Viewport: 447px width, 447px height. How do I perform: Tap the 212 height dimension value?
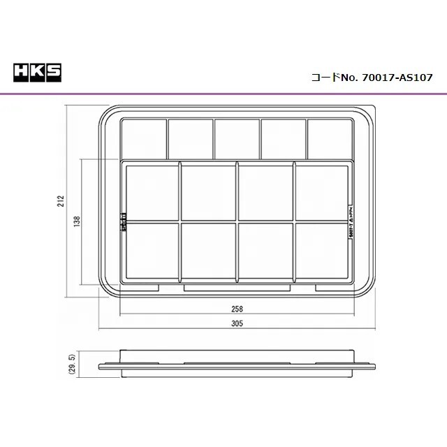point(61,203)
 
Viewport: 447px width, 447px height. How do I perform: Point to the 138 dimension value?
point(77,221)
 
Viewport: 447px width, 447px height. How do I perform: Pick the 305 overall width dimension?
point(237,323)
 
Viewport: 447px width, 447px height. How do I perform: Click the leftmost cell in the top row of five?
point(143,138)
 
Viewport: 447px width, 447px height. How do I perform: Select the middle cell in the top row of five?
point(237,138)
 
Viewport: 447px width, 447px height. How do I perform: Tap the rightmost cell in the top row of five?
point(330,138)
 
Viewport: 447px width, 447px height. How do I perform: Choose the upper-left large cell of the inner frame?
point(152,193)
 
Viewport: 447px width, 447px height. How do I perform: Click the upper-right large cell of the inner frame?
point(323,193)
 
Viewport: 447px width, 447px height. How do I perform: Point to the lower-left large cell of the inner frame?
point(152,250)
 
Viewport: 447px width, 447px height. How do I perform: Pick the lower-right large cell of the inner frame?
point(323,250)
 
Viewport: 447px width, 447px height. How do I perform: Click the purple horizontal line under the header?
point(223,93)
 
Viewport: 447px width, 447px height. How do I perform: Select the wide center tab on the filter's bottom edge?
point(237,287)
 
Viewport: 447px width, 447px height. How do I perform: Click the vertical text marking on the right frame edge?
point(349,223)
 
